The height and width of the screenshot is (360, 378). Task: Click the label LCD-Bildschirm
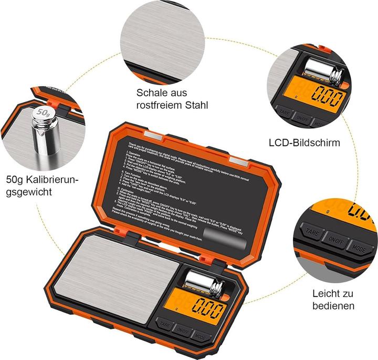point(304,142)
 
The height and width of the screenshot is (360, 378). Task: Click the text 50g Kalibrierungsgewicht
point(42,186)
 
